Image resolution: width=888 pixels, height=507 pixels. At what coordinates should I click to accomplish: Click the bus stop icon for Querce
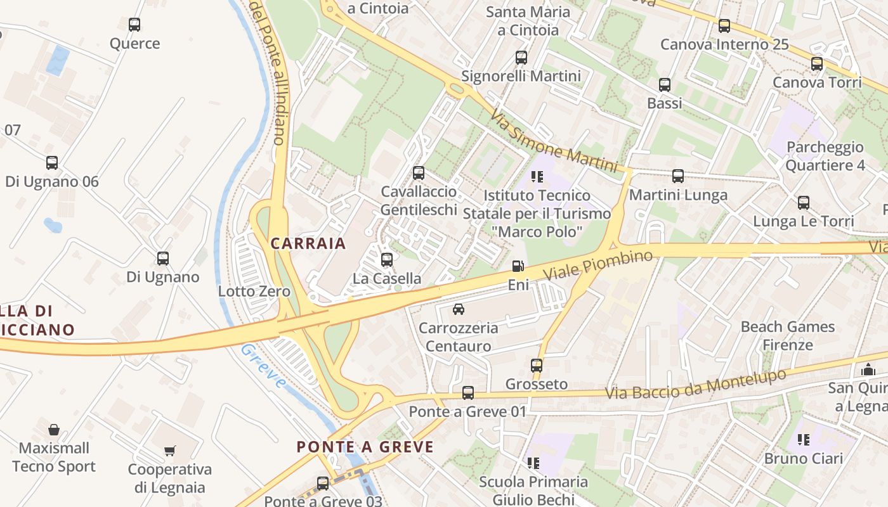tap(134, 25)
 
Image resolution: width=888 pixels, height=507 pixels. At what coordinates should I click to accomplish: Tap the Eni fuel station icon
tap(518, 266)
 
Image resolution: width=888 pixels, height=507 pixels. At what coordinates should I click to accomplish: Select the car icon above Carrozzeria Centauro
tap(458, 309)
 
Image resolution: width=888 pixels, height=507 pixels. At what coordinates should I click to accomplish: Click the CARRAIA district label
tap(308, 243)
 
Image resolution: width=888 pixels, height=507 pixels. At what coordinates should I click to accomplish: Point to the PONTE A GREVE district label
tap(365, 447)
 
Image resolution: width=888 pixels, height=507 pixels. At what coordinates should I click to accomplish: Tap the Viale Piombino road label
tap(598, 265)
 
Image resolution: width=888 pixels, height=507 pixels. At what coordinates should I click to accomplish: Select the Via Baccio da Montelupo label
tap(696, 384)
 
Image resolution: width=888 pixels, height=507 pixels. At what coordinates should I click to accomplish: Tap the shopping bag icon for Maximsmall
tap(54, 430)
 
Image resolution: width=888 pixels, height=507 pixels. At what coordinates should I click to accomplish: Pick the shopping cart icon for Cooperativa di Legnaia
tap(169, 451)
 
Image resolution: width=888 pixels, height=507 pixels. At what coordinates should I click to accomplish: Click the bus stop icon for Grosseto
tap(537, 366)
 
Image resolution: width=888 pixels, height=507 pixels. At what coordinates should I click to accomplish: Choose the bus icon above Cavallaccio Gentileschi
tap(419, 173)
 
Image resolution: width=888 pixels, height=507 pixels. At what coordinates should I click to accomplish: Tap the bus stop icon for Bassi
tap(665, 85)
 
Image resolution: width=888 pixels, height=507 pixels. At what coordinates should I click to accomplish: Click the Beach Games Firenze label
tap(788, 336)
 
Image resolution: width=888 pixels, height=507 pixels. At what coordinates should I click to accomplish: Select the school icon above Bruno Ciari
tap(804, 439)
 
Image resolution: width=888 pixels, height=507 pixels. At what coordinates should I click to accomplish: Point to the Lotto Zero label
tap(254, 292)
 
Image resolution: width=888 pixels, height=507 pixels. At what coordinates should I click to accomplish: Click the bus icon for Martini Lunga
tap(678, 176)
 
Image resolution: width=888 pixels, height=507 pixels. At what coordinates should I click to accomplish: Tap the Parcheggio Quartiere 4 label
tap(825, 156)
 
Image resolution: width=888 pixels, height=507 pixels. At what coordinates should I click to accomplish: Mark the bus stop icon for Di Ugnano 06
tap(52, 163)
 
